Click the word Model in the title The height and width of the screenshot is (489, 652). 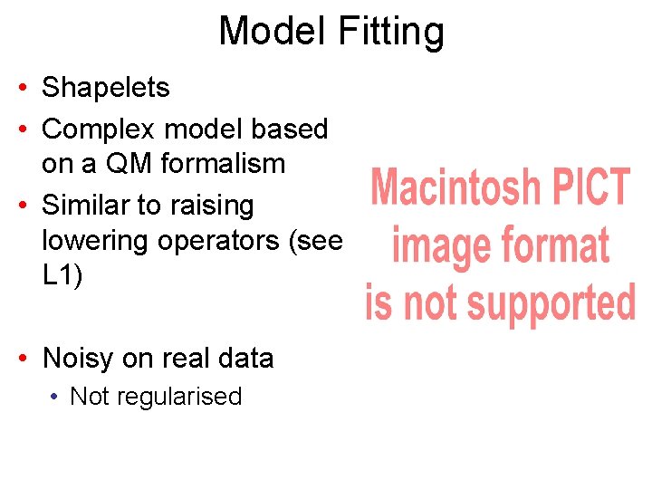click(273, 31)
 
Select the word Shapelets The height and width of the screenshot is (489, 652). click(106, 89)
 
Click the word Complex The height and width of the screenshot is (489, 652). click(99, 130)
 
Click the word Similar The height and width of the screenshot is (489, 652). click(88, 206)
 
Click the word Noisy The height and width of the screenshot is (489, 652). click(78, 360)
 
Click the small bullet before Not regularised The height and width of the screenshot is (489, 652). click(55, 397)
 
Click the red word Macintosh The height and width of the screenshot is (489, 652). click(455, 188)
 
